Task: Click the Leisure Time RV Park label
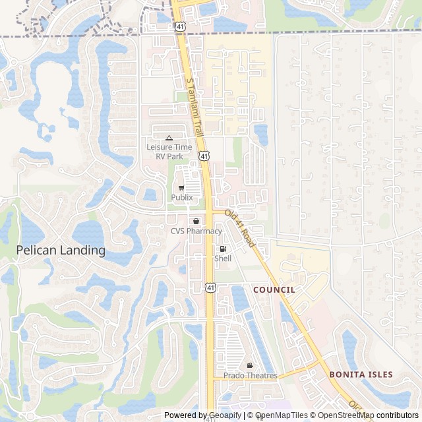coord(169,152)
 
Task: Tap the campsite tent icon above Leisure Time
coord(169,138)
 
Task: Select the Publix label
coord(181,197)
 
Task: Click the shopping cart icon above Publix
coord(181,188)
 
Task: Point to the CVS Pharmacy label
coord(196,231)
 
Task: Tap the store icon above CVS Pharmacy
coord(196,221)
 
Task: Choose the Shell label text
coord(223,258)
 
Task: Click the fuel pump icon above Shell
coord(223,249)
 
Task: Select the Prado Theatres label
coord(250,375)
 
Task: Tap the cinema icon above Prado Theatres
coord(250,365)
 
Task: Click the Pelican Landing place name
coord(61,251)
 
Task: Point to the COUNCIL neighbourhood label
coord(274,289)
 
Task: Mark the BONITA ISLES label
coord(361,375)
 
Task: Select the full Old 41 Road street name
coord(240,228)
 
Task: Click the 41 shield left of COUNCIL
coord(210,287)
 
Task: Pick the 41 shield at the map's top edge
coord(179,7)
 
